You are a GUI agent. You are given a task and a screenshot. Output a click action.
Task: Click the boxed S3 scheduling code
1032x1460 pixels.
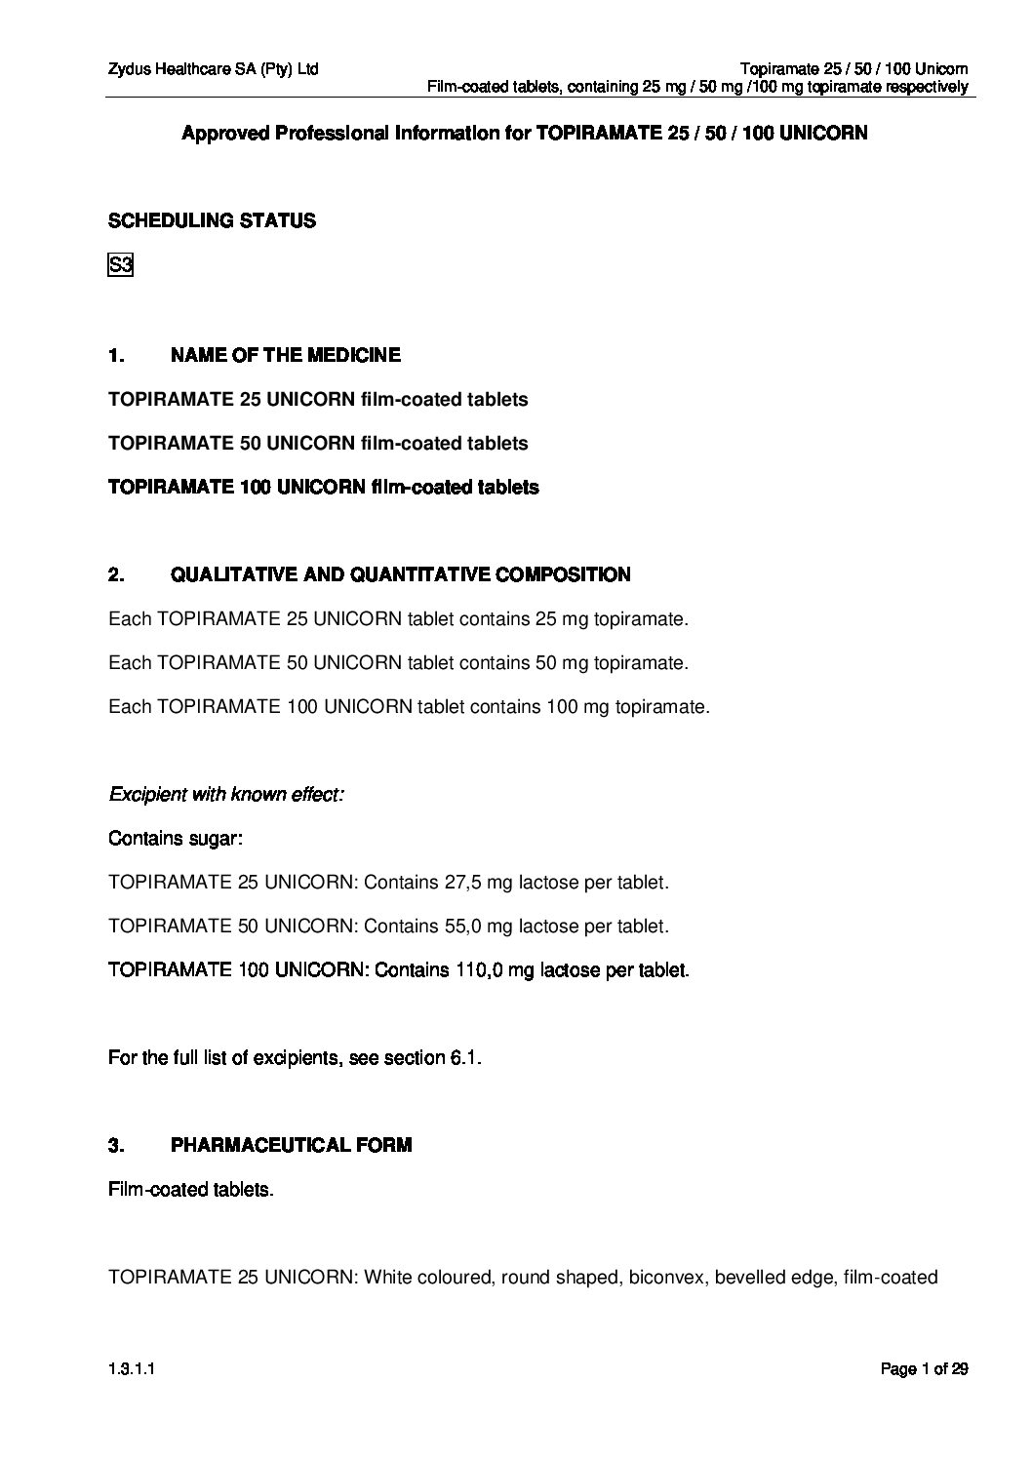point(120,265)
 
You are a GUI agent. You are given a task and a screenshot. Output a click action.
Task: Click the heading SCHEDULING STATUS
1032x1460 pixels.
point(212,221)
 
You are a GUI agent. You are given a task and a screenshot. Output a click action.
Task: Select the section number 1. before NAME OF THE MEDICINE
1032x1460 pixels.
point(116,355)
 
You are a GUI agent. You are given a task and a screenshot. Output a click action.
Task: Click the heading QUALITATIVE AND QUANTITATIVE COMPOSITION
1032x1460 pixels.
point(400,575)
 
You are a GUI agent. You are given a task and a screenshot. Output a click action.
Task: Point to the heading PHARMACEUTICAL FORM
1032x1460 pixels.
point(291,1145)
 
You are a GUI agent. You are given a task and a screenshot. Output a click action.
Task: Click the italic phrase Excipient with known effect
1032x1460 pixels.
point(226,795)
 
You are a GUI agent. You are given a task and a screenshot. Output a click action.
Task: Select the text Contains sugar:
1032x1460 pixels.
point(176,839)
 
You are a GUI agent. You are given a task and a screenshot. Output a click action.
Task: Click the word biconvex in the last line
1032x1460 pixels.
point(667,1278)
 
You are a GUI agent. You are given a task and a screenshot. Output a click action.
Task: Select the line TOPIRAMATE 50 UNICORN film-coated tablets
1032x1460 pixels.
point(318,444)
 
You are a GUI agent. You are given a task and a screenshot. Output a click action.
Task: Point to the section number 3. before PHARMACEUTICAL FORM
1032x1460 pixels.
point(116,1145)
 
